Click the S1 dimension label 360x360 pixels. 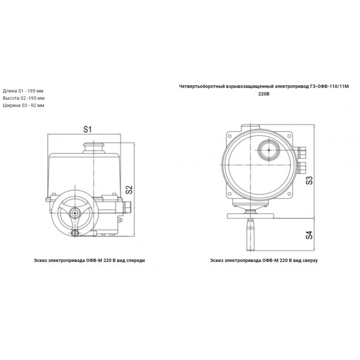(88, 129)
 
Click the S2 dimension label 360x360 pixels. (129, 189)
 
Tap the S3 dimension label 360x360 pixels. (309, 181)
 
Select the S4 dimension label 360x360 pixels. (309, 235)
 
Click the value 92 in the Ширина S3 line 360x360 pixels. (34, 105)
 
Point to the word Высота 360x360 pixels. (11, 98)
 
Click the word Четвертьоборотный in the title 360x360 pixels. (202, 86)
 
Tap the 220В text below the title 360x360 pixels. (264, 94)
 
